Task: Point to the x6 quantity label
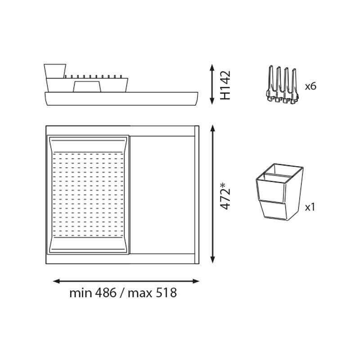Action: click(310, 86)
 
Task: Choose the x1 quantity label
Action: click(310, 207)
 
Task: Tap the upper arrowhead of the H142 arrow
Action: click(212, 67)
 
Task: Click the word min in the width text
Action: click(81, 293)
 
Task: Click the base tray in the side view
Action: click(121, 99)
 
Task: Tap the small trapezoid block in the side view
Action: click(87, 86)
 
